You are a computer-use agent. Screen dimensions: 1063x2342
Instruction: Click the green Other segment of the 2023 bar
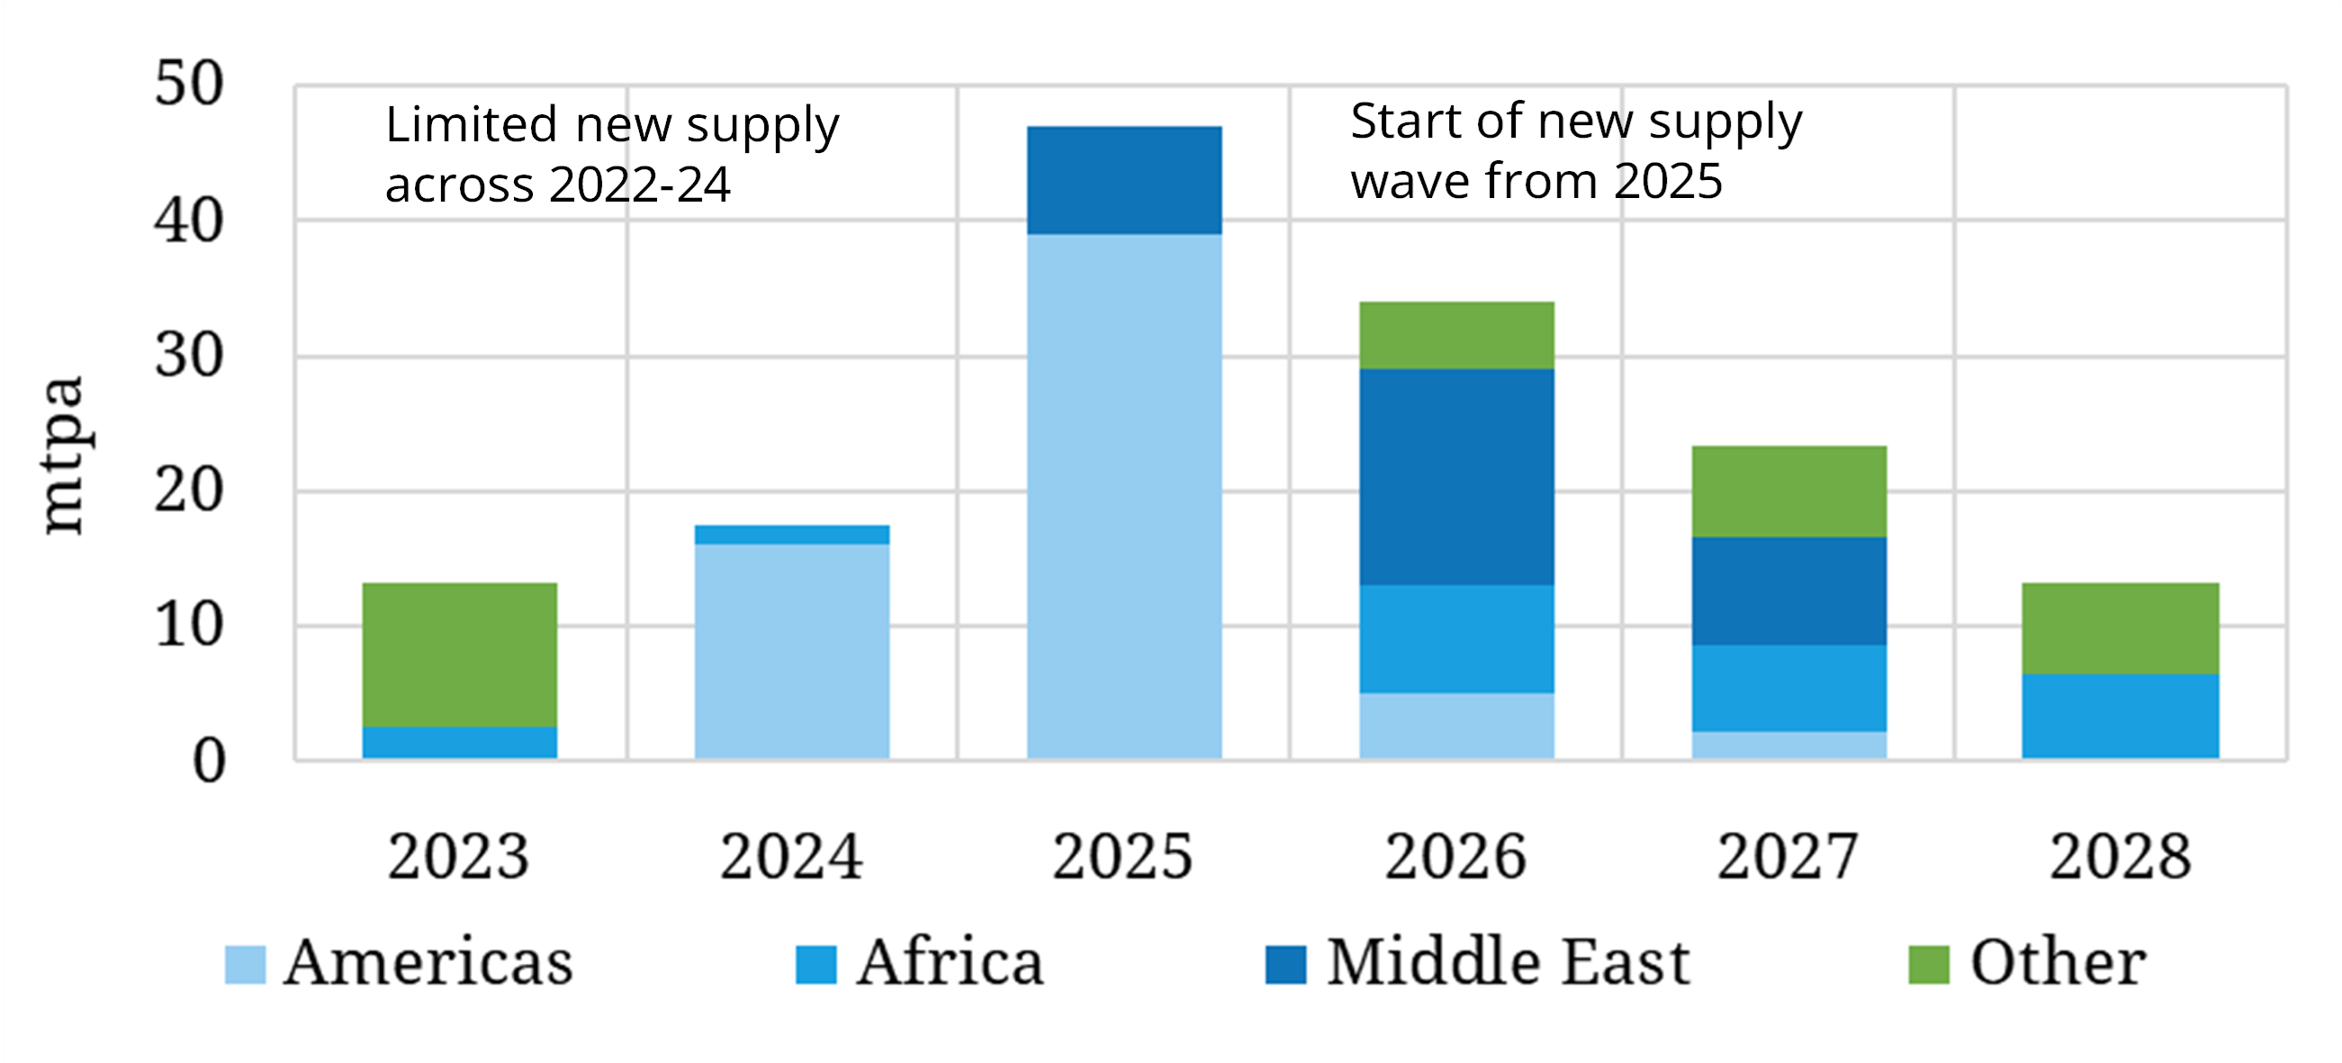[x=459, y=653]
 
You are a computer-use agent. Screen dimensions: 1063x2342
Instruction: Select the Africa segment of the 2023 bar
[x=459, y=742]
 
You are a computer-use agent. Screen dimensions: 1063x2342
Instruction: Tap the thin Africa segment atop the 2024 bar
[x=791, y=535]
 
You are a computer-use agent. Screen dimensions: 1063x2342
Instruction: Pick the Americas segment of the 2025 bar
[x=1123, y=496]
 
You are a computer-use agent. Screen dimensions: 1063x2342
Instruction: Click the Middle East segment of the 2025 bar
[x=1123, y=180]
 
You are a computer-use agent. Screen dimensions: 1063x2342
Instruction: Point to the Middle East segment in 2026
[x=1456, y=476]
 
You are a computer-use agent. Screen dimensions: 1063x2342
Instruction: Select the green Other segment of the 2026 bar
[x=1456, y=335]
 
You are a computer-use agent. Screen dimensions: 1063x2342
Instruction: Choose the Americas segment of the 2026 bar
[x=1456, y=725]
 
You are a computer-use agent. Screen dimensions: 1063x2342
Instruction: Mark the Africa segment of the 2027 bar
[x=1788, y=688]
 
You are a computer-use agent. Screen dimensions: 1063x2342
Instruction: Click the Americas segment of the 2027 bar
[x=1788, y=744]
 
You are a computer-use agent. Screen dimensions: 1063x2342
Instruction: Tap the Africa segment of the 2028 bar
[x=2121, y=716]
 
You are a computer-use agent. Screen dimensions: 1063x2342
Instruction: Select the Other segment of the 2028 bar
[x=2121, y=627]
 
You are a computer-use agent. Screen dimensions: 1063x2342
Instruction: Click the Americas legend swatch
[x=246, y=965]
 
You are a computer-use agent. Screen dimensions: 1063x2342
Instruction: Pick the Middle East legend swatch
[x=1285, y=965]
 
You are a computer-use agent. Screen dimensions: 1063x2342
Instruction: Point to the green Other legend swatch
[x=1928, y=965]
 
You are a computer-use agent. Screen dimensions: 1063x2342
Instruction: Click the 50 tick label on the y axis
[x=188, y=84]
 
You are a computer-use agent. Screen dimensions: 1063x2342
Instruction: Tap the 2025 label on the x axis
[x=1122, y=857]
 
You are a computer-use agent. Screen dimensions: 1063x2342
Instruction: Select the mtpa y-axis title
[x=64, y=455]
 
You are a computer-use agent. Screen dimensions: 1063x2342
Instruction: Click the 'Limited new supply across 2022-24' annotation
[x=611, y=154]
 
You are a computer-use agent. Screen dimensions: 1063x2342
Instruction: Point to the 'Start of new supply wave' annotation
[x=1574, y=150]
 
